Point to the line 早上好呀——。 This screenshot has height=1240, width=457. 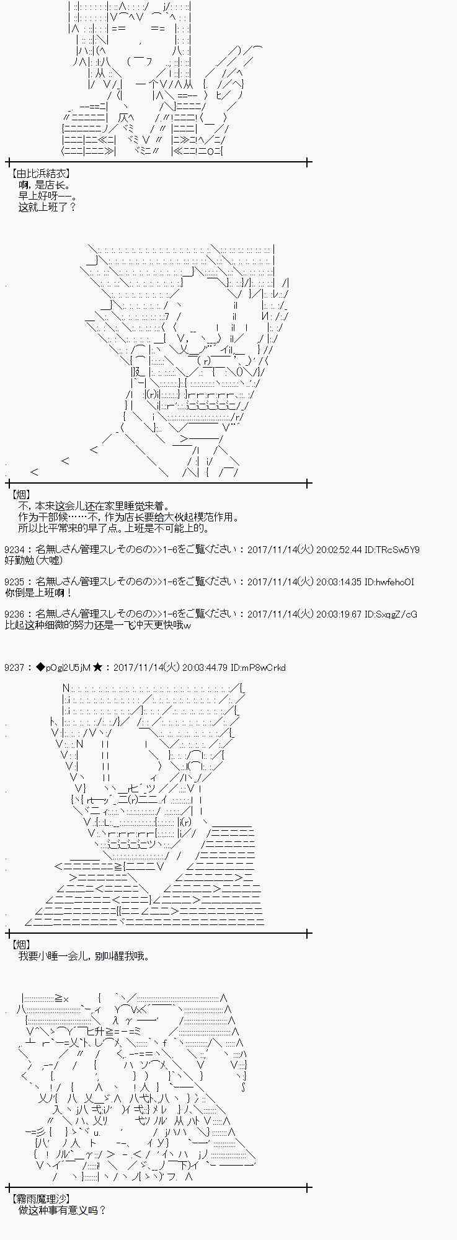coord(47,196)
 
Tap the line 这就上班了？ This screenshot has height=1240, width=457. coord(47,207)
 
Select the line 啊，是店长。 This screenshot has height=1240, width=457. coord(45,185)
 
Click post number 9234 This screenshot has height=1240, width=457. coord(16,549)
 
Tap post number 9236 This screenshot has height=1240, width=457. coord(16,614)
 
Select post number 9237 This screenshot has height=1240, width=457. coord(16,667)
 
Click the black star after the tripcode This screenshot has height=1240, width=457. coord(97,667)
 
